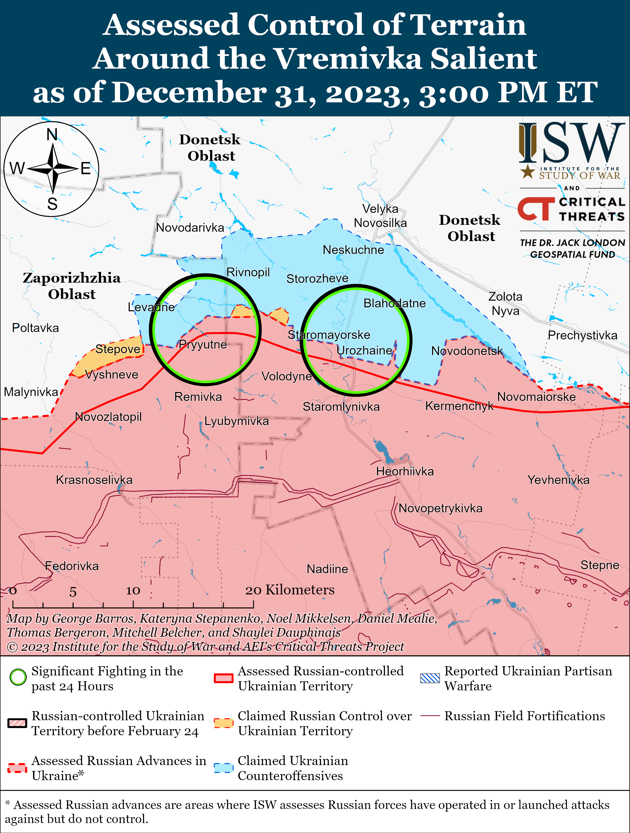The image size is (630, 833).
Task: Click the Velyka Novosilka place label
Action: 380,216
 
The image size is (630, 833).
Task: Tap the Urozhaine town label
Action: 364,351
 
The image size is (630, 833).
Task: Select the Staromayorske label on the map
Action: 329,335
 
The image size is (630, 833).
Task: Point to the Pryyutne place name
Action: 203,345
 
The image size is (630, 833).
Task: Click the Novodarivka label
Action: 190,228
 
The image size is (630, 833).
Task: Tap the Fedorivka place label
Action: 72,566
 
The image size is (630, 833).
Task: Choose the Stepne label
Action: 600,565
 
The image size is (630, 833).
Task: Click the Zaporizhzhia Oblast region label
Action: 72,286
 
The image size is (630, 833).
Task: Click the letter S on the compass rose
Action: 52,204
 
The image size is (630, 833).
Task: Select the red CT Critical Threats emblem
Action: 535,209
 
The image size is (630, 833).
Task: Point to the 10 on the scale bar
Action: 133,590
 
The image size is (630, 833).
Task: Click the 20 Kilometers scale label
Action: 290,590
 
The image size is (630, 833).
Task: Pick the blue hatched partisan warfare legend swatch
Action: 430,678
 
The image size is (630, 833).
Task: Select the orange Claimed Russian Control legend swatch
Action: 224,723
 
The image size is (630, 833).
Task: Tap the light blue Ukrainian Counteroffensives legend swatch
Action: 224,768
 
